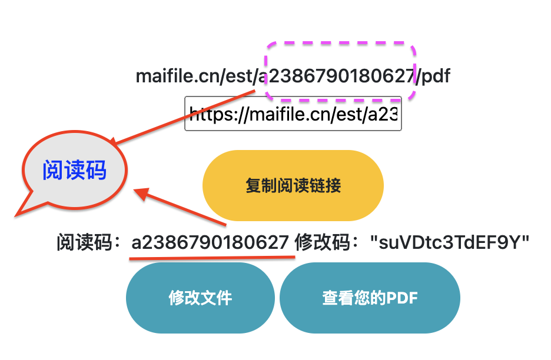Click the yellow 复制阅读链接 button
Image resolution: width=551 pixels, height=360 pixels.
(293, 186)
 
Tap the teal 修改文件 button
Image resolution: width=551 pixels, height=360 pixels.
(200, 298)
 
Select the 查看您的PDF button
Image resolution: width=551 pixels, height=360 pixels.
(370, 298)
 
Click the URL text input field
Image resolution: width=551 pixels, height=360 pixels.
(293, 114)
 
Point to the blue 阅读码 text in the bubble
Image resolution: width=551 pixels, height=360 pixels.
(74, 170)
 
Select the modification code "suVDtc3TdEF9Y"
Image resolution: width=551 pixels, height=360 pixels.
(450, 242)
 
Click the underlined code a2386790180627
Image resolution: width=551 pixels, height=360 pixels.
(210, 242)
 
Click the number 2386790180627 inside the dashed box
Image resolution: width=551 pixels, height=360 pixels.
(341, 76)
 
